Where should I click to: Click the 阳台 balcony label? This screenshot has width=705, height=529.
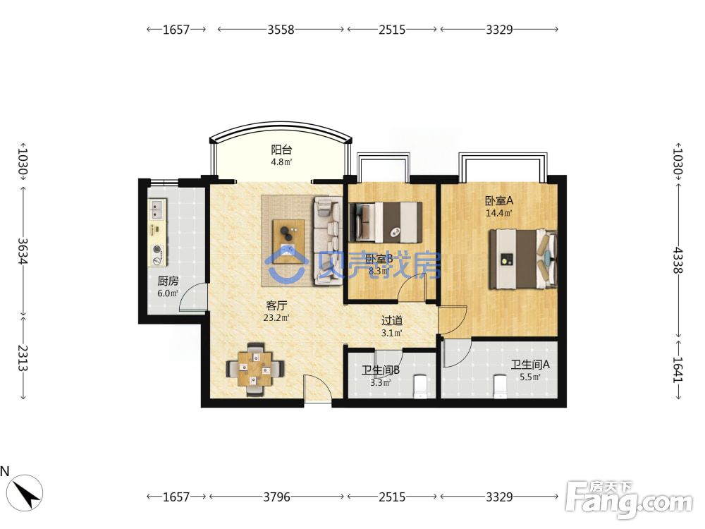(281, 150)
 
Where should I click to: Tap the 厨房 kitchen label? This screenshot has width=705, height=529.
(168, 281)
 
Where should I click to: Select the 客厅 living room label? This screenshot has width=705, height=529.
(276, 306)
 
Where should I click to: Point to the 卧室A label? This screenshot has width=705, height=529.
(498, 200)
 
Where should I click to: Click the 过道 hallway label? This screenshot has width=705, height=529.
(391, 321)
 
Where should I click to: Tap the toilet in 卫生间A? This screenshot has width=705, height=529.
(500, 387)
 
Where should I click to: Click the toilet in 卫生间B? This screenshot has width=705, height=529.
(420, 387)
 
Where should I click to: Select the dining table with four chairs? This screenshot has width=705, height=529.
(255, 370)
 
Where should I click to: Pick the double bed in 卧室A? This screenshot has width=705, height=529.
(523, 259)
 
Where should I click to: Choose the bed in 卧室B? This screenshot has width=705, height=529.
(386, 223)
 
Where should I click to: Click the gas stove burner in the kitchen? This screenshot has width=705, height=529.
(157, 249)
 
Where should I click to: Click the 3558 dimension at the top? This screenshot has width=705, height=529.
(281, 30)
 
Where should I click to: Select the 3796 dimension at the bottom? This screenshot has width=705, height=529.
(276, 497)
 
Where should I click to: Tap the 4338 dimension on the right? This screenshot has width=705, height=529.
(678, 260)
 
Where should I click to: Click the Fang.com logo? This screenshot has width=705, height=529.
(629, 499)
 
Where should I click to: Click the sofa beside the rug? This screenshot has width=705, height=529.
(326, 241)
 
